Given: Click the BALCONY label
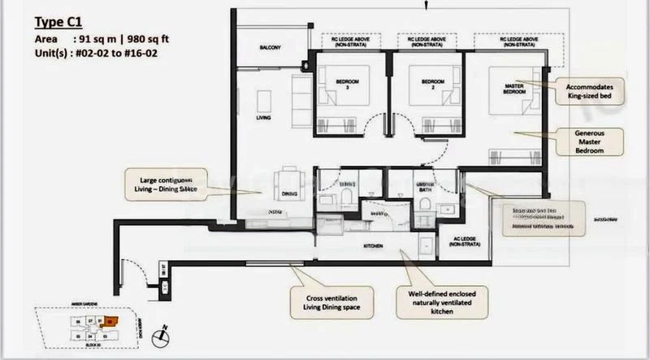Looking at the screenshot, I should pos(270,49).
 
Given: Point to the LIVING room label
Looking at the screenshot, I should pos(263,118).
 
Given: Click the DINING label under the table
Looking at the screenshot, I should pos(288,195).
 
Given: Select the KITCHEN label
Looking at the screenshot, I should pos(372,245).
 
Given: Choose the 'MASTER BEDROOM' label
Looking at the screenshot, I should pos(513,89).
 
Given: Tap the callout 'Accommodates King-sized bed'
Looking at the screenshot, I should pos(591,91).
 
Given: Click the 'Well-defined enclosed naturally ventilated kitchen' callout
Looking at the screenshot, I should pos(441,304).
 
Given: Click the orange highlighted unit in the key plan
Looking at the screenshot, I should pos(110,321).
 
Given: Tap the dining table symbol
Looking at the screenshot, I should pos(288,179).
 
